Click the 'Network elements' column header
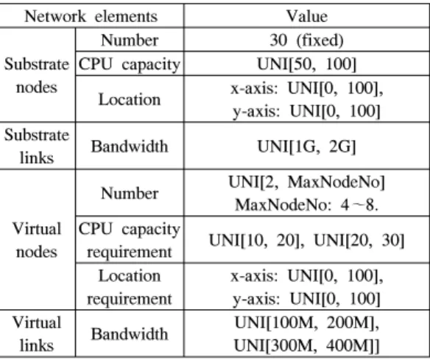[x=91, y=16]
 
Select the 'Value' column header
[x=307, y=16]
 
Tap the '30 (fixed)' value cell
[x=306, y=40]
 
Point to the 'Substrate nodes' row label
[x=37, y=75]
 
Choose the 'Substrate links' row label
[x=37, y=147]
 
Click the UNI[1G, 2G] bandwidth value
[x=306, y=147]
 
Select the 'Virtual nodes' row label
[x=37, y=240]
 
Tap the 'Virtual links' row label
[x=37, y=333]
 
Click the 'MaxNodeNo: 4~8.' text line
[x=306, y=205]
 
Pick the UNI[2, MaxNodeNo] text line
[x=306, y=182]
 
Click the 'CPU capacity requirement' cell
[x=130, y=240]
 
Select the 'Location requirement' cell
[x=130, y=287]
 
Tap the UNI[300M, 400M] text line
[x=306, y=345]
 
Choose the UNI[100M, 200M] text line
[x=306, y=322]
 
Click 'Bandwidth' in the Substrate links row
[x=130, y=147]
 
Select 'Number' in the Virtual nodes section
[x=130, y=193]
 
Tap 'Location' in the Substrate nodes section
[x=130, y=99]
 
